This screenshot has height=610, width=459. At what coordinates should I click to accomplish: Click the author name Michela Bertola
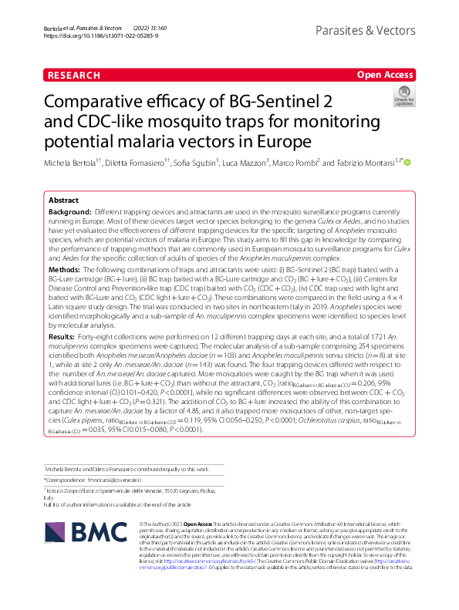(x=75, y=163)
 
